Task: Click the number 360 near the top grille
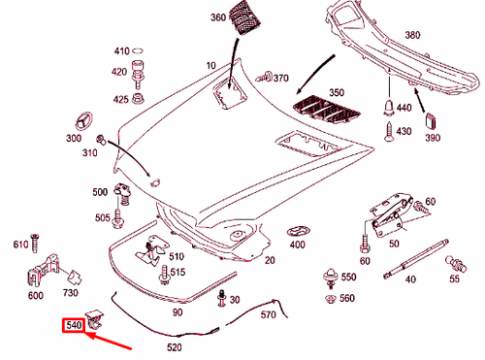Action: click(x=218, y=17)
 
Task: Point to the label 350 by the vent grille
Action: click(x=336, y=93)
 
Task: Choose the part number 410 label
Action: click(x=122, y=51)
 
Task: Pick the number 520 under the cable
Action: click(x=176, y=346)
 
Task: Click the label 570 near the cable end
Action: click(x=270, y=316)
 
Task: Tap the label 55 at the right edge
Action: click(x=455, y=279)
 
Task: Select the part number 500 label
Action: click(x=101, y=193)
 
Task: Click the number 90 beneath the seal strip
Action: click(x=178, y=312)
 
